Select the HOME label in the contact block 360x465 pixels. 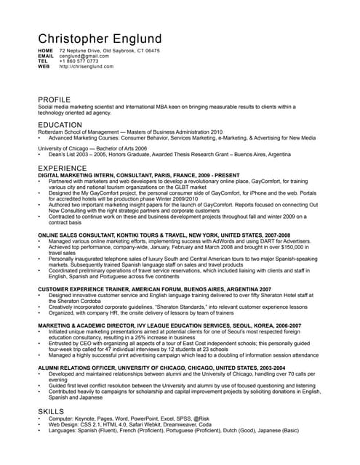(x=45, y=51)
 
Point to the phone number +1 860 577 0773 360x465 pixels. (x=79, y=61)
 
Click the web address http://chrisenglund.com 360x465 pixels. (x=87, y=66)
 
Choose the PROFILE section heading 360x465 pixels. (x=55, y=100)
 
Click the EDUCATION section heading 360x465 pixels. (x=60, y=125)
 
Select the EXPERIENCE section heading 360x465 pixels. (x=62, y=169)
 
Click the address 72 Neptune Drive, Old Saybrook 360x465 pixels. (x=109, y=51)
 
